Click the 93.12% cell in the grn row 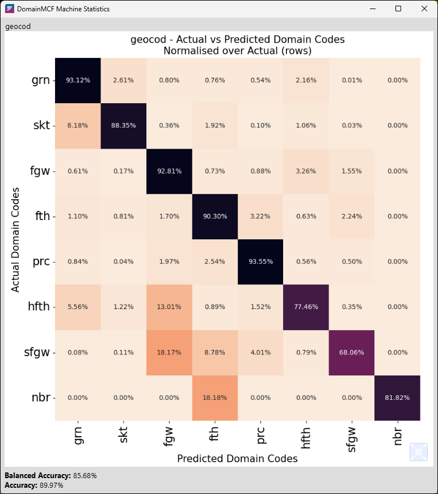78,81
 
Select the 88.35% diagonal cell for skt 123,126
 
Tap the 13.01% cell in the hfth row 169,307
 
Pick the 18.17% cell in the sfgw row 169,353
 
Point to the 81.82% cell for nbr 397,398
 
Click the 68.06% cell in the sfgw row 351,353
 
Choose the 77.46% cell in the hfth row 306,307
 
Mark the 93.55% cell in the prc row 260,262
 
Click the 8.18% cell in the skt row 78,126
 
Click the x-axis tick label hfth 306,437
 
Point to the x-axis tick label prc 260,434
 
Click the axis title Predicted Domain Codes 237,458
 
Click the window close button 424,9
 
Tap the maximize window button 398,9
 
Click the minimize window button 373,9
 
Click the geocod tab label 18,26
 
